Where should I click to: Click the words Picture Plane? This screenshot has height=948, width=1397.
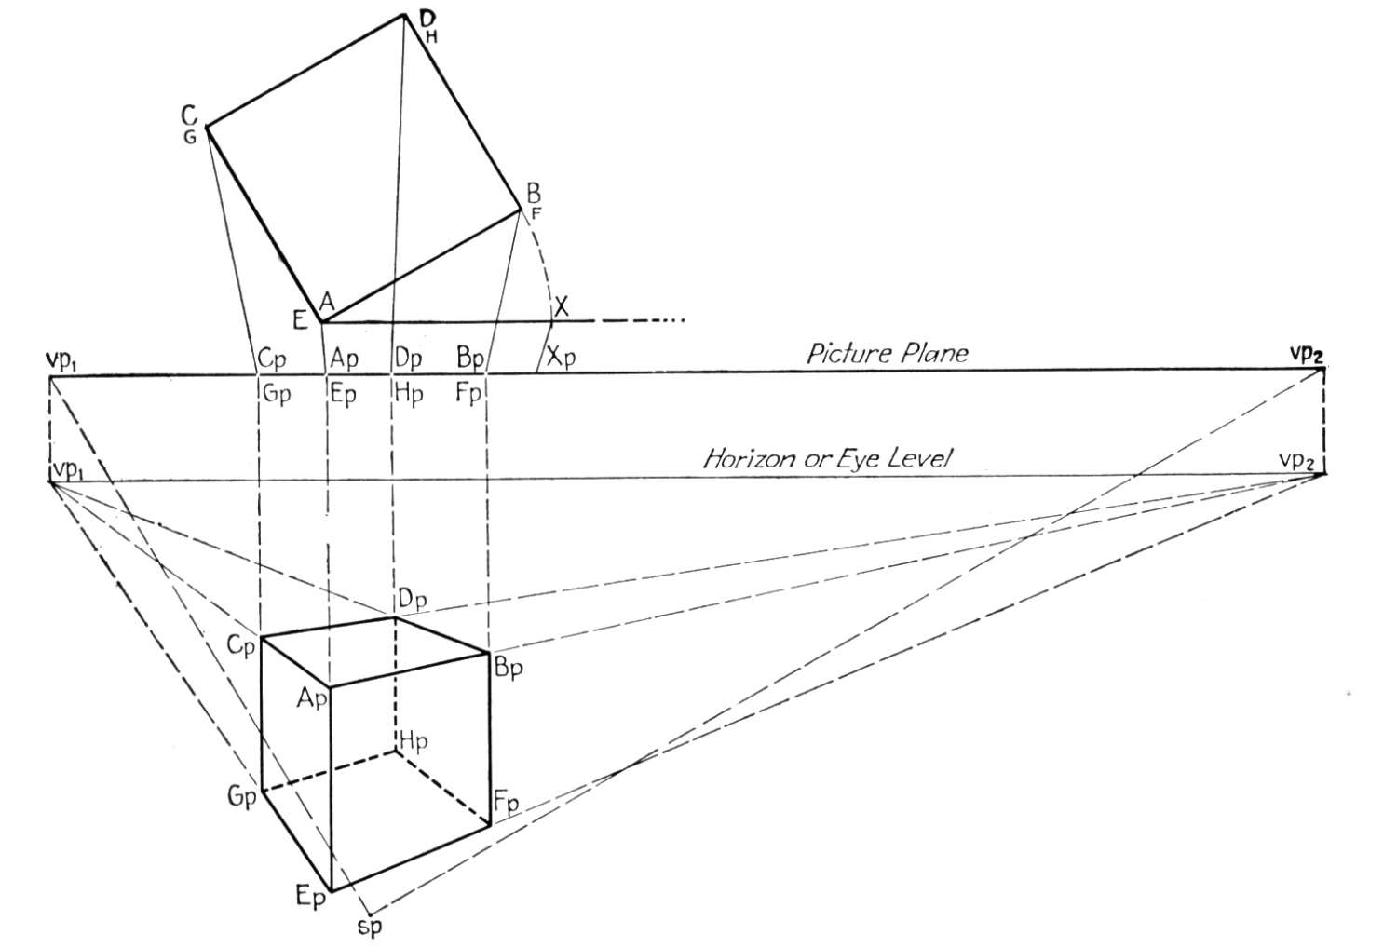click(x=888, y=354)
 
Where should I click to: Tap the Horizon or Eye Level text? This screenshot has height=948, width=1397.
click(x=828, y=459)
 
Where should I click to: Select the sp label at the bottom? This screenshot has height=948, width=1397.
click(x=370, y=928)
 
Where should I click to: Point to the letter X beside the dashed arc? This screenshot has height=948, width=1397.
click(x=562, y=306)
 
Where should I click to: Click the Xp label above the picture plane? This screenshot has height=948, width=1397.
click(x=562, y=358)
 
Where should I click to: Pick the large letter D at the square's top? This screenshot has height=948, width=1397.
click(x=427, y=20)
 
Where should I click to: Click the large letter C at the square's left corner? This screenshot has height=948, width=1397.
click(x=189, y=115)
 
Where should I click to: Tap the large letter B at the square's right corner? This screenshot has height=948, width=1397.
click(x=534, y=194)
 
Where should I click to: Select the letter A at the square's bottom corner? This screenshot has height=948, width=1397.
click(x=327, y=302)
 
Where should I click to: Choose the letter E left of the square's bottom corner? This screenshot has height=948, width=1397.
click(x=300, y=320)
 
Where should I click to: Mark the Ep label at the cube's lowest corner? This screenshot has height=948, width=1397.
click(x=310, y=898)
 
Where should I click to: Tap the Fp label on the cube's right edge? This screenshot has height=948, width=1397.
click(x=507, y=802)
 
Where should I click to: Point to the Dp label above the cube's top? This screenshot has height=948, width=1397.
click(x=412, y=600)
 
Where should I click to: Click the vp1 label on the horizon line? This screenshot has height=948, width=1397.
click(x=68, y=470)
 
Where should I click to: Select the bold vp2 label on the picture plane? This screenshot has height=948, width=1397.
click(x=1306, y=355)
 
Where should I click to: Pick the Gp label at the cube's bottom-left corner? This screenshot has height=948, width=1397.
click(x=242, y=798)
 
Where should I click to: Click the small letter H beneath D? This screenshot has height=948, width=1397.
click(x=431, y=37)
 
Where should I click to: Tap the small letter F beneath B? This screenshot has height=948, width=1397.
click(x=536, y=215)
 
